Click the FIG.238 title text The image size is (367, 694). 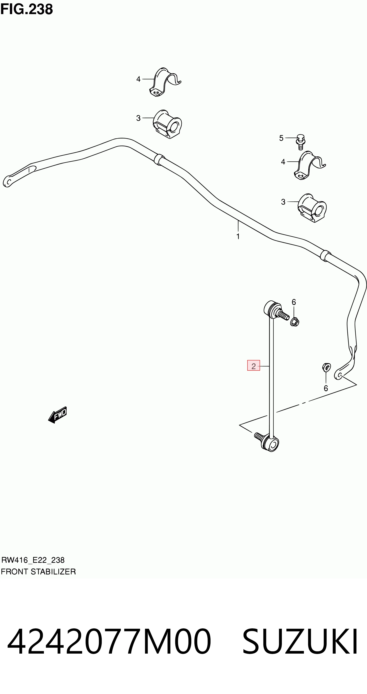pyautogui.click(x=27, y=9)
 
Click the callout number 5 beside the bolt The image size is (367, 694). pyautogui.click(x=281, y=138)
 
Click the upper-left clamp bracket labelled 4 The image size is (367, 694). pyautogui.click(x=165, y=82)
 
